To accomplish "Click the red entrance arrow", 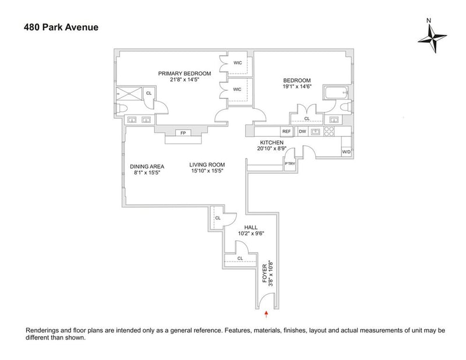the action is (266, 315).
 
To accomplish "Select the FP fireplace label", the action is (183, 133).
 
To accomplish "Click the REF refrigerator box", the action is (287, 132).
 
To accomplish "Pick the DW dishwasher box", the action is (302, 132).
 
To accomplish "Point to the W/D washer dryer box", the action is (346, 152).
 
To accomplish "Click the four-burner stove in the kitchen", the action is (329, 132).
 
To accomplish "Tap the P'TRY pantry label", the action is (290, 164).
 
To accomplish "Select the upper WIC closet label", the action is (238, 63).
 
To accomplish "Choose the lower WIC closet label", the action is (237, 90).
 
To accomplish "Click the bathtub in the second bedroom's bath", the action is (337, 93).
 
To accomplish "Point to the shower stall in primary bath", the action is (129, 94).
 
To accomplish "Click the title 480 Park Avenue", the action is (61, 27).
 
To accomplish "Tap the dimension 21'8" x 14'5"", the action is (184, 80).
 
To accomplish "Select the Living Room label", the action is (207, 165).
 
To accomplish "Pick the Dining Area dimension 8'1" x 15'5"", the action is (147, 172).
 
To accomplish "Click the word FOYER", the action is (264, 273).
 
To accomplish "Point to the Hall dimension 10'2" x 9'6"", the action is (251, 234).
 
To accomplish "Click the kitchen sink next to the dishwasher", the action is (315, 132).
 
